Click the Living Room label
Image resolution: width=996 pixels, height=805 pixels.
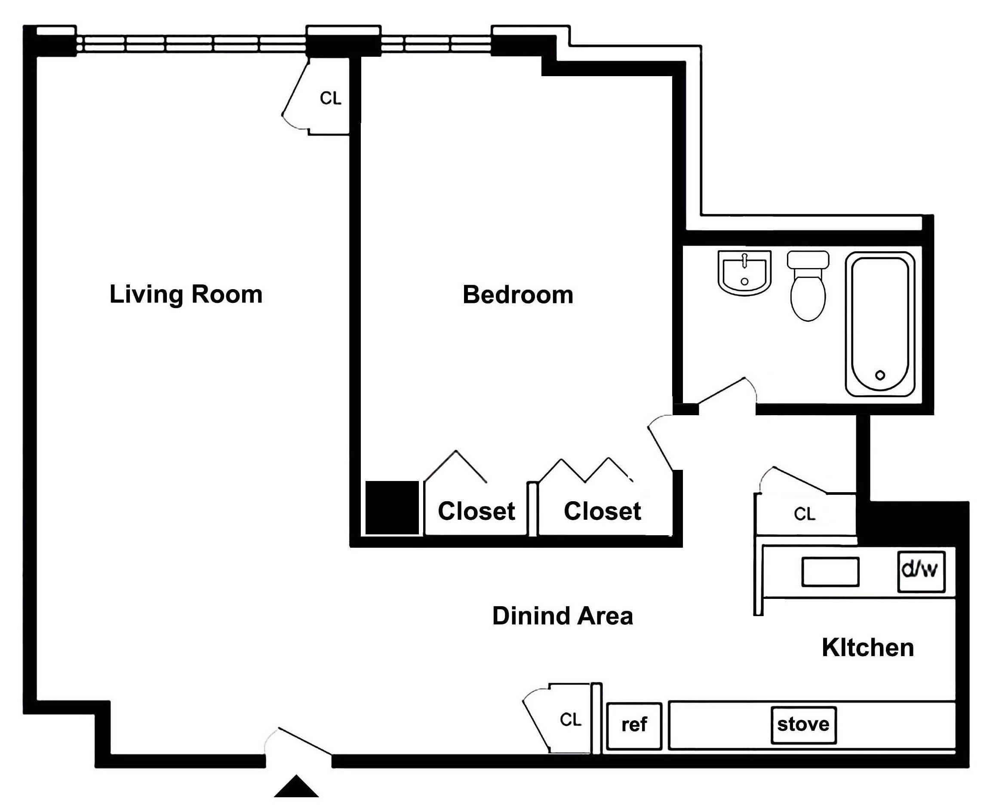186,294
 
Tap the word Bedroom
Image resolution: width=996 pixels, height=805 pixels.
518,294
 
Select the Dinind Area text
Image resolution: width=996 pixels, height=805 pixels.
562,616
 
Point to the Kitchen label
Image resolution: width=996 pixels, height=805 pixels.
867,648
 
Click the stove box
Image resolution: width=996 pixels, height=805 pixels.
803,724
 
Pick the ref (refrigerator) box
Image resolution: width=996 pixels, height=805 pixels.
634,725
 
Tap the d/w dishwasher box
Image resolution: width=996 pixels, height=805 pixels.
921,571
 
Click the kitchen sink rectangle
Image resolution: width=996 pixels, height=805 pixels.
830,572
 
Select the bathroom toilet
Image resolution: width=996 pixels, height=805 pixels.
808,285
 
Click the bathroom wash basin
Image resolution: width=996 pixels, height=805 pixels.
744,273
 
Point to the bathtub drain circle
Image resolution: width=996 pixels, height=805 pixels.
879,375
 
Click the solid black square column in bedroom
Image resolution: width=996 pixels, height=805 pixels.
392,508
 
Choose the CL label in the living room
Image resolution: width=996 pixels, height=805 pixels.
330,98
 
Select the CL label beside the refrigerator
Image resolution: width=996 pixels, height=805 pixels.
570,719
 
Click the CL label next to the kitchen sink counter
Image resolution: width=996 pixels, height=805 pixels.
804,514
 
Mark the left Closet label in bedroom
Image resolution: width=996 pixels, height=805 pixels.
476,511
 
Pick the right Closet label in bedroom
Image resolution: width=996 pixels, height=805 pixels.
603,511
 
